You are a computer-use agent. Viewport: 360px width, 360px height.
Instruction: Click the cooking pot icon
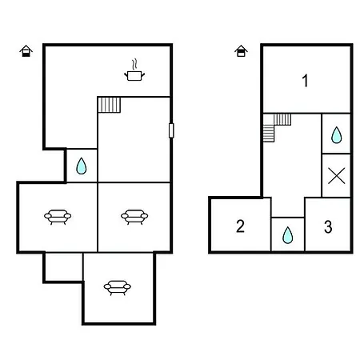(134, 75)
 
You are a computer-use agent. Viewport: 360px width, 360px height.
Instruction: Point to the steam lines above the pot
(135, 64)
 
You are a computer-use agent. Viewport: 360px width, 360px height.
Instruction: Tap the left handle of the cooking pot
(126, 74)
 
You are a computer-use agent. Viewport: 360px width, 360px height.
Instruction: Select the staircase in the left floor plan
(110, 105)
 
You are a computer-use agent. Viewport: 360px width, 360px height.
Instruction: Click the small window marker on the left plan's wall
(171, 130)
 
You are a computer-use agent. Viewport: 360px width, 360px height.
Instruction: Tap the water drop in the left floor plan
(82, 166)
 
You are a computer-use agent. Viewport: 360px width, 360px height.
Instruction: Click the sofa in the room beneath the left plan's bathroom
(58, 217)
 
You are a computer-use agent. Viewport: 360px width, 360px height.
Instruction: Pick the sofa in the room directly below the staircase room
(134, 217)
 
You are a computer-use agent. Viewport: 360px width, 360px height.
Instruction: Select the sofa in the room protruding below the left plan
(118, 287)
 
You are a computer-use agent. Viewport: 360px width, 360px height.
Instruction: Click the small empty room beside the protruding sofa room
(64, 267)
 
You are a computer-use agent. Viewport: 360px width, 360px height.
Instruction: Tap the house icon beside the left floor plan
(26, 51)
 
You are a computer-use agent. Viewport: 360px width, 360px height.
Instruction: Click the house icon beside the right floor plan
(241, 51)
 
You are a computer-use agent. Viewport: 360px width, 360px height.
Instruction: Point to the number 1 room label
(306, 81)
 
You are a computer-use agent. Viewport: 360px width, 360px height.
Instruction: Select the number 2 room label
(240, 226)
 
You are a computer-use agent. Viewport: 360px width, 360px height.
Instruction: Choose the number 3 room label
(328, 227)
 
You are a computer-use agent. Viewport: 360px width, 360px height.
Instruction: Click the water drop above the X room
(336, 135)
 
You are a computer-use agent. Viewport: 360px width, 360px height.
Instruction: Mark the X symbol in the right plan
(337, 176)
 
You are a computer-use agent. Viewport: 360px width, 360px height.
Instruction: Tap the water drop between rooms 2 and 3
(288, 235)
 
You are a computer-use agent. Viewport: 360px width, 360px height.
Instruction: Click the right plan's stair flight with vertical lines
(282, 119)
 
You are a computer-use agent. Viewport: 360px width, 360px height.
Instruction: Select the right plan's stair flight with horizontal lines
(269, 134)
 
